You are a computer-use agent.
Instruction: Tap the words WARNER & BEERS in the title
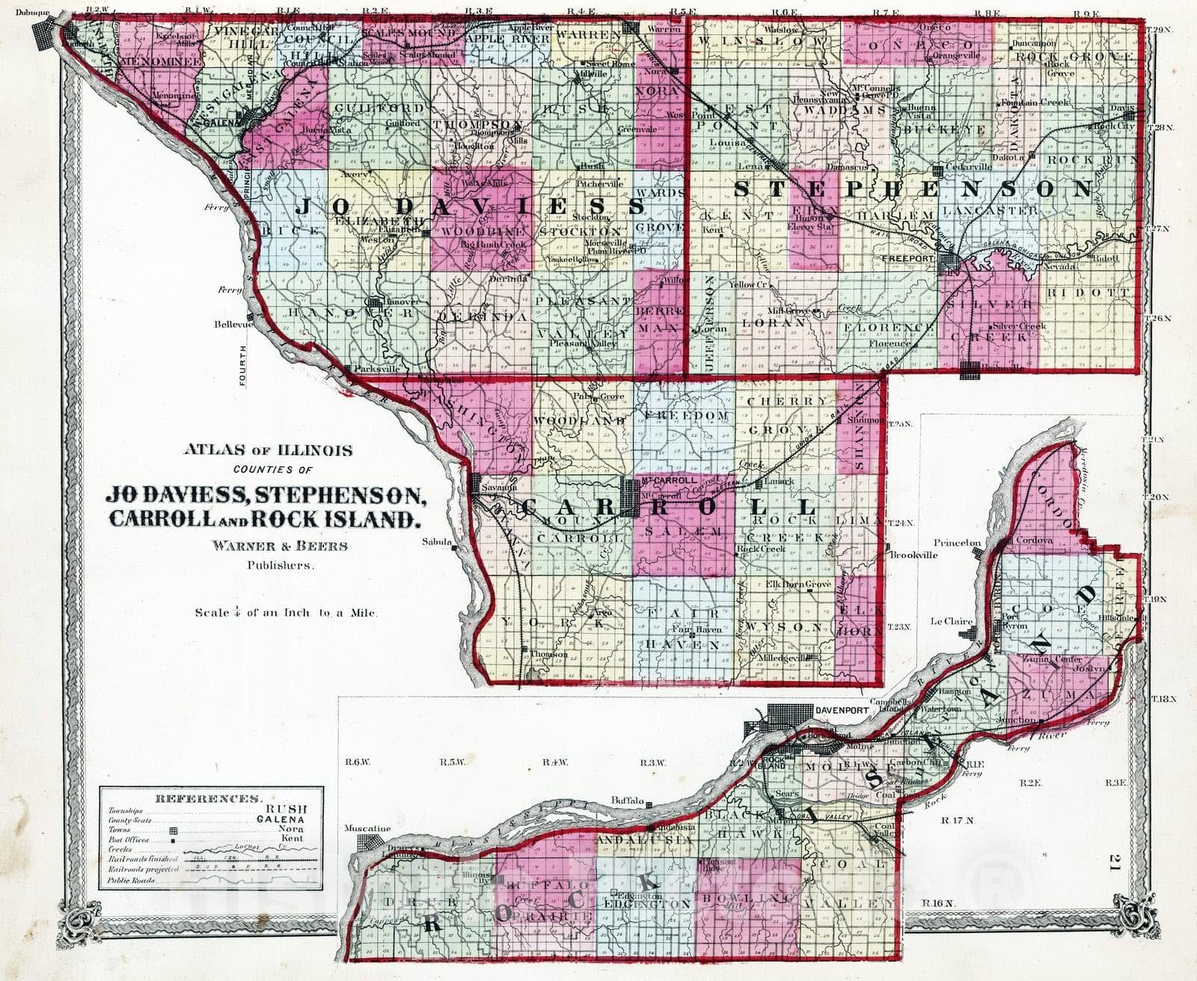click(280, 545)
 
